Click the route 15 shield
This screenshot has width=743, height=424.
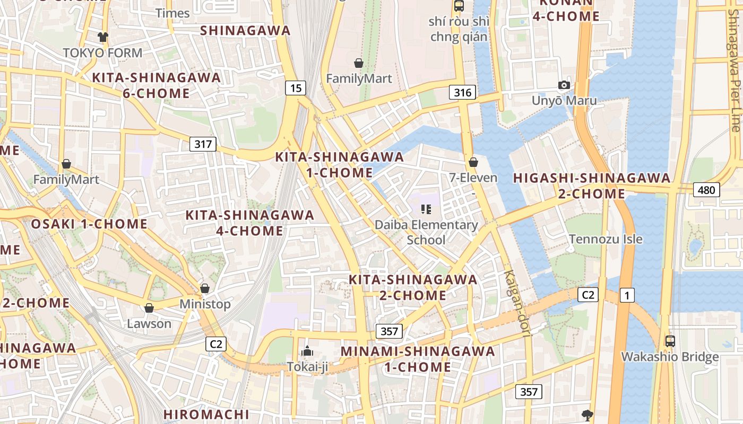(x=296, y=88)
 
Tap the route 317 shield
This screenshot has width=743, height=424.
(x=203, y=144)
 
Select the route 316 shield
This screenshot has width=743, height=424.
(x=462, y=93)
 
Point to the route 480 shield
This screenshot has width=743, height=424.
(x=706, y=190)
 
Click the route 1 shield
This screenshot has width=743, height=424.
(x=627, y=295)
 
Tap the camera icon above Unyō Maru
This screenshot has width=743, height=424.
(x=564, y=85)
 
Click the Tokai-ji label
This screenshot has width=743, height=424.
(x=307, y=366)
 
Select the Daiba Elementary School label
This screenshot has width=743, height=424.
(x=426, y=232)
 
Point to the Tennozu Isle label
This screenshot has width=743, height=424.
(x=606, y=239)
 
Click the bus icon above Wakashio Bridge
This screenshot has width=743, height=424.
(x=670, y=341)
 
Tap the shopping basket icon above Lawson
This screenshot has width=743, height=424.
(x=149, y=308)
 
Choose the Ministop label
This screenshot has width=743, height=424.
(x=205, y=304)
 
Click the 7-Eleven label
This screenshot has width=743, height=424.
(x=473, y=178)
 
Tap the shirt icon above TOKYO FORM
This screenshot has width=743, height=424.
(x=102, y=37)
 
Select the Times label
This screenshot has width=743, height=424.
(x=172, y=13)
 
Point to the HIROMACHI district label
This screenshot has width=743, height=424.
(x=206, y=414)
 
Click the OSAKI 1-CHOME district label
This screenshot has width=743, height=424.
(x=89, y=224)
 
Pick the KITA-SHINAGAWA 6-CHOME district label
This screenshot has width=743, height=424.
(x=156, y=85)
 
